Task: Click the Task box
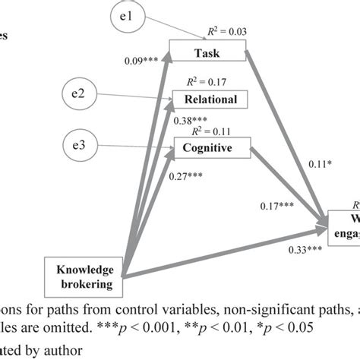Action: (208, 53)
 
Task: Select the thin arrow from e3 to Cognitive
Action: (137, 145)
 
